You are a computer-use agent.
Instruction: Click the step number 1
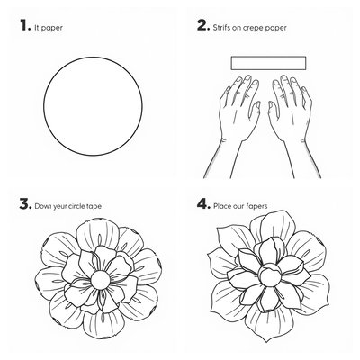pos(25,25)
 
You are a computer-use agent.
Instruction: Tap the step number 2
pos(203,25)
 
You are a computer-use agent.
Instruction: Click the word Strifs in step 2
pos(221,28)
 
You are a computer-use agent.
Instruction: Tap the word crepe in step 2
pos(256,28)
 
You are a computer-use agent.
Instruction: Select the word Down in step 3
pos(42,206)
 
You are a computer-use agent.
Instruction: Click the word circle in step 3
pos(76,206)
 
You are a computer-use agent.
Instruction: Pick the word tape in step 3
pos(94,207)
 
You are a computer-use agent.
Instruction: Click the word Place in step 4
pos(222,206)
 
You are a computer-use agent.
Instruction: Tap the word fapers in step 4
pos(256,206)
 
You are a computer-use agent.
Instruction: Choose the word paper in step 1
pos(52,28)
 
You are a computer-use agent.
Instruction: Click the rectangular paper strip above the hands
pos(268,63)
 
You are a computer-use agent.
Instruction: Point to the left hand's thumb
pos(256,112)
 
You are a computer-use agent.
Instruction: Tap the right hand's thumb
pos(273,112)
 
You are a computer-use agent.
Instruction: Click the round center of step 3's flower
pos(100,280)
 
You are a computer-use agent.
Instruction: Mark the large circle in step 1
pos(43,107)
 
